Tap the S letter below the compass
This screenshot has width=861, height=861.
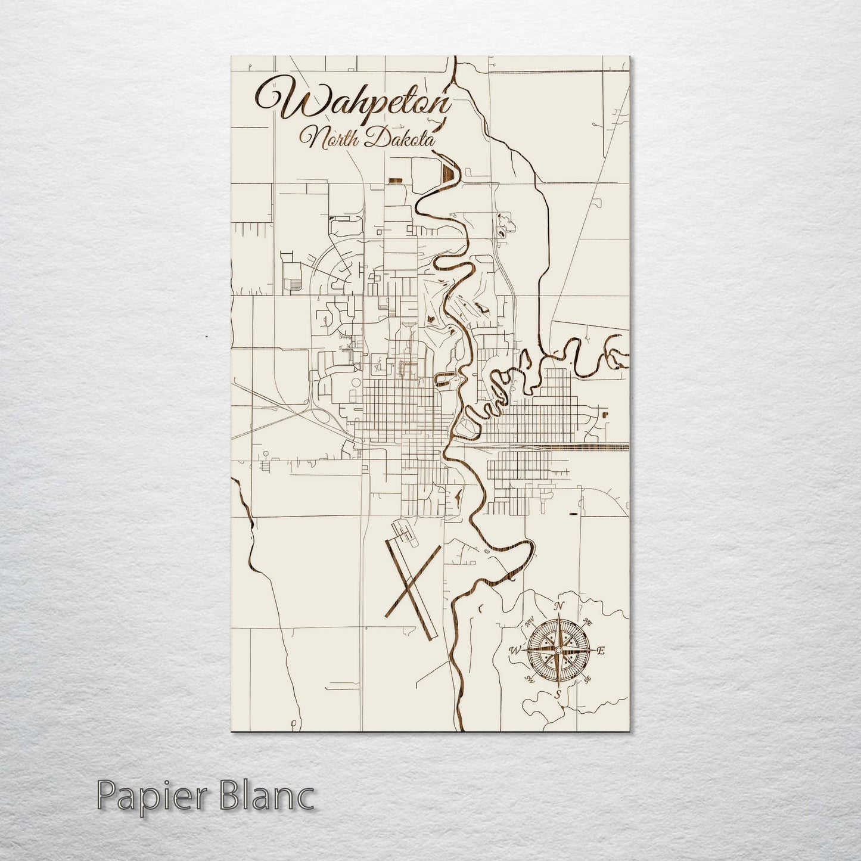coord(558,694)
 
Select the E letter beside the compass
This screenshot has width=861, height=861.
coord(601,651)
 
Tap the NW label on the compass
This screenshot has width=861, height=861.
coord(529,623)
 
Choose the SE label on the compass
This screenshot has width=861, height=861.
coord(588,679)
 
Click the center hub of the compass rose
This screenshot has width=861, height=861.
coord(558,650)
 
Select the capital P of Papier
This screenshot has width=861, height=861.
coord(106,795)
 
